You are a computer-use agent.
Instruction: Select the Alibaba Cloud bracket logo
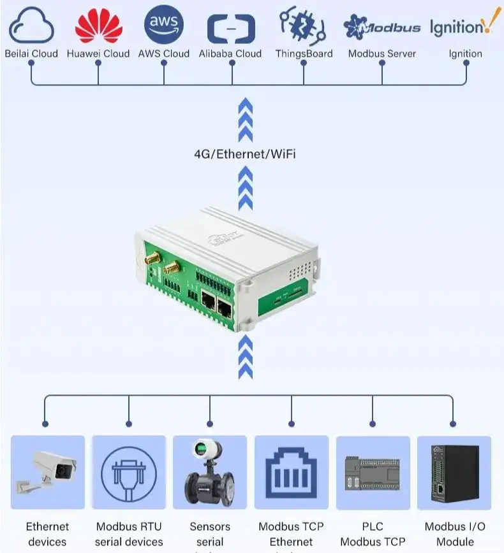coord(231,29)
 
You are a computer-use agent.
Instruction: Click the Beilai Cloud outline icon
coord(31,27)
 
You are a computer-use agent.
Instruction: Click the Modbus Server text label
coord(382,54)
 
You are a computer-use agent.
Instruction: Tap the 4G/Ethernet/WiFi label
coord(245,154)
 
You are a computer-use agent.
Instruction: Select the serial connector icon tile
coord(129,472)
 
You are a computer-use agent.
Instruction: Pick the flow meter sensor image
coord(210,472)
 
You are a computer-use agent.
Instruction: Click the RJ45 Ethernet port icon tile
coord(292,472)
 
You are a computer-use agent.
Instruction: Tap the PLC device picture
coord(373,472)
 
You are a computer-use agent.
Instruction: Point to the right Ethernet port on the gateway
coord(225,309)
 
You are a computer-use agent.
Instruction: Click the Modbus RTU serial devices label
coord(129,534)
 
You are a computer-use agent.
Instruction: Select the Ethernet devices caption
coord(48,534)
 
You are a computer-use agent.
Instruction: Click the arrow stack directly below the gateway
coord(245,358)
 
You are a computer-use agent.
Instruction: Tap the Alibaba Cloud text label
coord(230,54)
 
